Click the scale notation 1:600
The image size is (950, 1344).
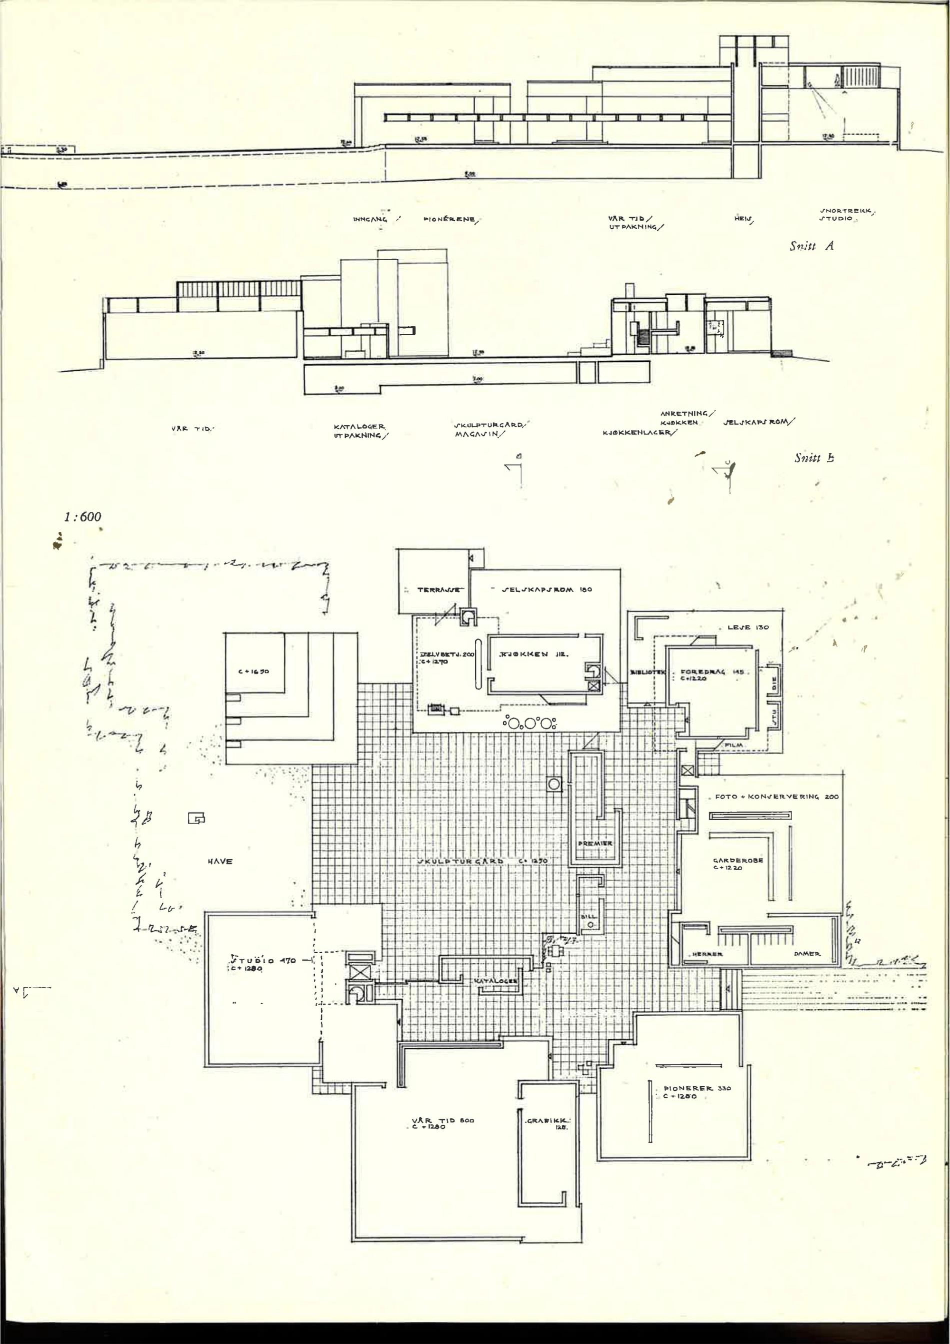[x=82, y=516]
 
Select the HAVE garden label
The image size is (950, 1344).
[x=220, y=861]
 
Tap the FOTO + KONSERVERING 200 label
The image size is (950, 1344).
[x=777, y=797]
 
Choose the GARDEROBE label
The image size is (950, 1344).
[x=737, y=861]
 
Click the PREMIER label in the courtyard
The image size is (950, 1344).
[x=595, y=843]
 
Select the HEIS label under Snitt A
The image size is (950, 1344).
[x=743, y=220]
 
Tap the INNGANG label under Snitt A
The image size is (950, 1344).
[x=370, y=220]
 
